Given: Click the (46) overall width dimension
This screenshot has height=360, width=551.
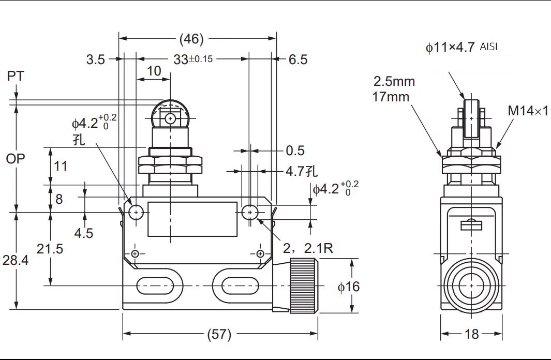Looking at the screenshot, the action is (191, 39).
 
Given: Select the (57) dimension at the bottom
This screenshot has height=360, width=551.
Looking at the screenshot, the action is (219, 334).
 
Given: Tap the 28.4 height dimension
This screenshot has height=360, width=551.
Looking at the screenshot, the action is (16, 260).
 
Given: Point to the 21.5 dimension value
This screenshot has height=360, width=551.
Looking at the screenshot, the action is (50, 249).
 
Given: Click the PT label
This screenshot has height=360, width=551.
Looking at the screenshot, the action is (16, 76).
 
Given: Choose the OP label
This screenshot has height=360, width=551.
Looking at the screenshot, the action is (16, 159).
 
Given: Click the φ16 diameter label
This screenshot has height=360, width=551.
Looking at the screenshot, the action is (349, 287).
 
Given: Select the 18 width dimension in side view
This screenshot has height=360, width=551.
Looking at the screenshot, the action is (471, 334).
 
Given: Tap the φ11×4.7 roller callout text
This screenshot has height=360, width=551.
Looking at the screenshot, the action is (450, 47).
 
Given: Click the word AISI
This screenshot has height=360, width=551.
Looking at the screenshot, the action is (488, 47).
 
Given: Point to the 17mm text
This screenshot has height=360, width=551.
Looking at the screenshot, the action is (391, 97).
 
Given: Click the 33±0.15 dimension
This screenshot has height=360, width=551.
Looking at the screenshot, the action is (193, 59).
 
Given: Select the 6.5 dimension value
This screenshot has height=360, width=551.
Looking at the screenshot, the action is (298, 59).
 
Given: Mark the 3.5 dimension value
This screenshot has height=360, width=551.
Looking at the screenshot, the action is (96, 59).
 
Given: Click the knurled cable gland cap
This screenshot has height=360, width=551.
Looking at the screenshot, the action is (304, 285).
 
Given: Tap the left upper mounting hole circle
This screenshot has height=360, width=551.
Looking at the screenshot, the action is (136, 212).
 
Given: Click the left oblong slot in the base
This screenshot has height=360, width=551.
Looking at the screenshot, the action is (155, 286).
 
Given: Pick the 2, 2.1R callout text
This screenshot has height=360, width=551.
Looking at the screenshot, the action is (308, 248).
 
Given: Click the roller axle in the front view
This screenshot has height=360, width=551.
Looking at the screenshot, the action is (170, 119).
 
